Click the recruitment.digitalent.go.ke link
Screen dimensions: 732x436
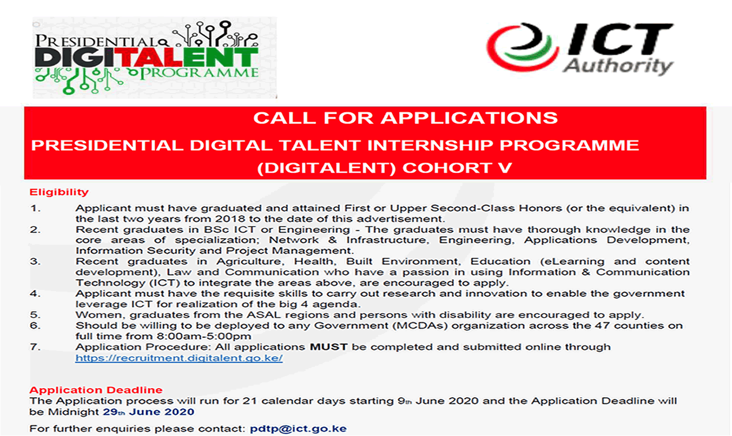[179, 358]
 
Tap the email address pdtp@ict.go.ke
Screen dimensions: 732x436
[298, 429]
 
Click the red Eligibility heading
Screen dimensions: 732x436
[59, 192]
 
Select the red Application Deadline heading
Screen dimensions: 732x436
[96, 390]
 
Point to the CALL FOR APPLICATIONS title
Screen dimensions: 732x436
[405, 118]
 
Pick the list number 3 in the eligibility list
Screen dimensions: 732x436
[35, 261]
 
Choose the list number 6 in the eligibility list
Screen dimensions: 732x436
[35, 326]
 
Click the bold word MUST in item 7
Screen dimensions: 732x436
[328, 347]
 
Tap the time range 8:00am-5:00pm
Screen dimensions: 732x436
[204, 336]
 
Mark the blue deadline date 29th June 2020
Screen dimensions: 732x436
[148, 412]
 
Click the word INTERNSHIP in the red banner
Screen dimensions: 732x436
[430, 146]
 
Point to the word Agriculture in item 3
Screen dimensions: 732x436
[249, 261]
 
